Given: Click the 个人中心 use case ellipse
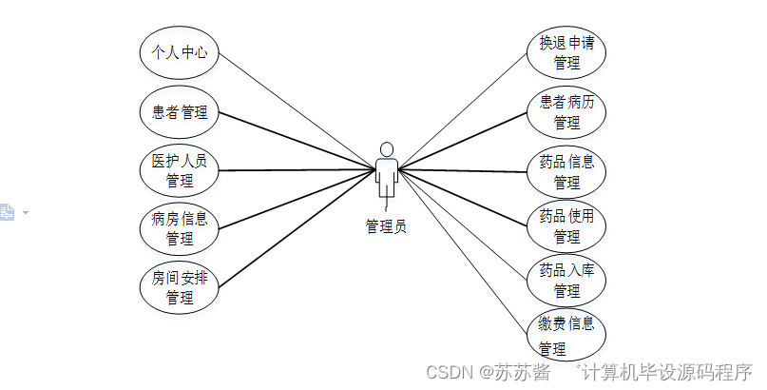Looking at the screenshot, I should pyautogui.click(x=180, y=53).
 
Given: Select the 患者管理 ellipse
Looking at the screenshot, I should pyautogui.click(x=180, y=113).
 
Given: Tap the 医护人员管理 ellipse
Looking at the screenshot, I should pyautogui.click(x=180, y=170).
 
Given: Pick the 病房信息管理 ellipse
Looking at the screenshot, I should pyautogui.click(x=180, y=228).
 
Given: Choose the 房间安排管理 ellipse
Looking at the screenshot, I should pyautogui.click(x=180, y=286).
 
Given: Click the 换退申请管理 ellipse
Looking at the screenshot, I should pyautogui.click(x=566, y=53).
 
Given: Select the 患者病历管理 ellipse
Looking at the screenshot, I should pyautogui.click(x=566, y=111).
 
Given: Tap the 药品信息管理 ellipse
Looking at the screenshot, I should pyautogui.click(x=566, y=171).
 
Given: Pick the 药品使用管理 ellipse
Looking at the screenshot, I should pyautogui.click(x=566, y=225).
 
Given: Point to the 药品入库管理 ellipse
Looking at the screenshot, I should pyautogui.click(x=566, y=280).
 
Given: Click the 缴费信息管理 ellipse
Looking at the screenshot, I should pyautogui.click(x=566, y=335).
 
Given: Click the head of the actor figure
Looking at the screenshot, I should pyautogui.click(x=386, y=149).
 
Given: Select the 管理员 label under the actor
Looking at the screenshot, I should pyautogui.click(x=386, y=226).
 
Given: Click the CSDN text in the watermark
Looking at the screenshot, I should pyautogui.click(x=448, y=372).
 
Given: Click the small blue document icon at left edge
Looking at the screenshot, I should pyautogui.click(x=7, y=212).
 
